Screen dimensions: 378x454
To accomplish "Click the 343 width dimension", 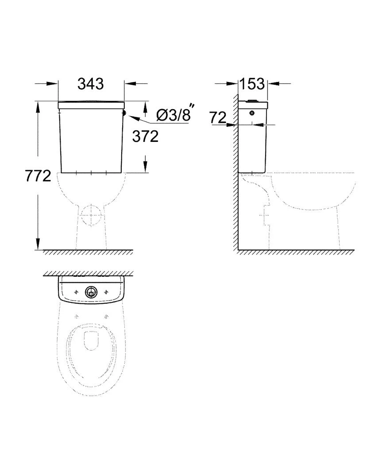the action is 90,84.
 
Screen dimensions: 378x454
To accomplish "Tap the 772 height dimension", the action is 38,176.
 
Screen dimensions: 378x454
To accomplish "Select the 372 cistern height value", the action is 145,137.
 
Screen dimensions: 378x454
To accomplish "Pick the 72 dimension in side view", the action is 218,117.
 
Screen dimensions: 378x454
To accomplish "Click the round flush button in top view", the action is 91,292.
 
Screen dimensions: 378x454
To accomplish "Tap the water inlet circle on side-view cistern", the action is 252,113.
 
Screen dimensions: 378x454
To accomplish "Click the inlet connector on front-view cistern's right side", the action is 124,113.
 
